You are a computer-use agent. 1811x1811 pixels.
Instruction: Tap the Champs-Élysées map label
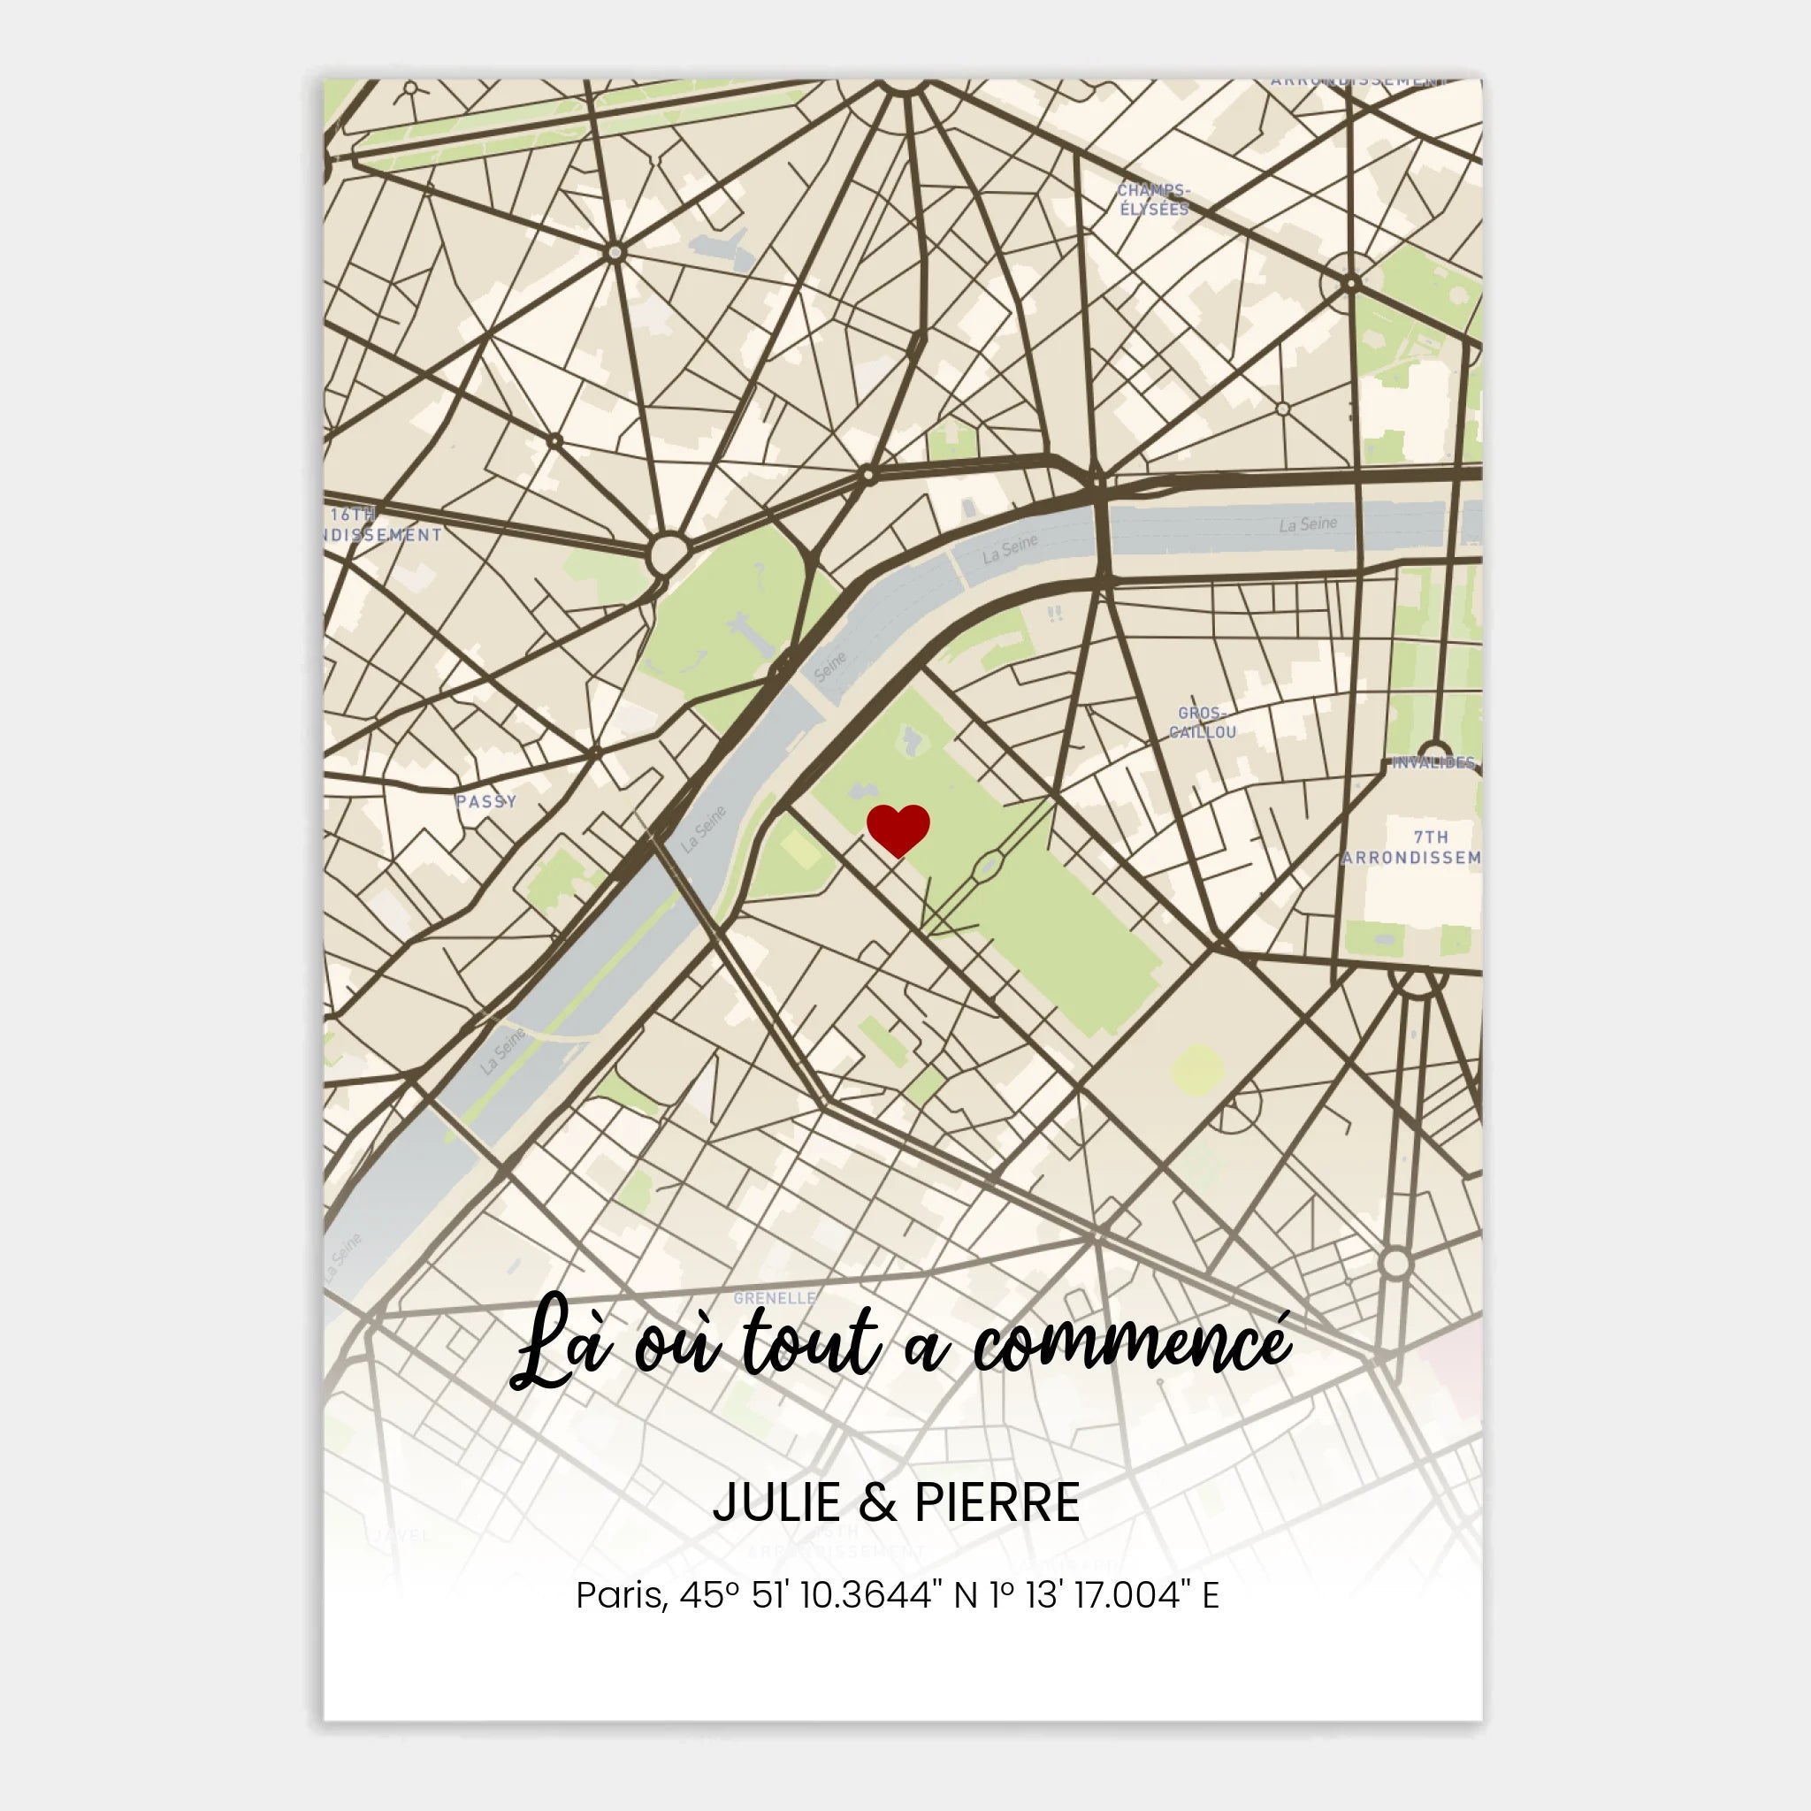point(1153,200)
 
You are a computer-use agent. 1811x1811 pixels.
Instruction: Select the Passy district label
point(485,801)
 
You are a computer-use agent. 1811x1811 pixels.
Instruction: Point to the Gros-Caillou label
point(1203,722)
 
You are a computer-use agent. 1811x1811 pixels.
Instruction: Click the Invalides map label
point(1433,762)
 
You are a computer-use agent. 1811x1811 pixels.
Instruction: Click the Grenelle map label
point(775,1298)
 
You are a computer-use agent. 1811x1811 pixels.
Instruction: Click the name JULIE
point(777,1502)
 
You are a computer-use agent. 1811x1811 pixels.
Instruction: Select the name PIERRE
point(997,1502)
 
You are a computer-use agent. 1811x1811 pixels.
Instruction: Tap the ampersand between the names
point(877,1502)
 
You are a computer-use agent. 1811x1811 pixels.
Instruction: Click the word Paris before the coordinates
point(622,1595)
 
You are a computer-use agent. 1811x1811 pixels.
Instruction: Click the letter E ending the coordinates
point(1211,1595)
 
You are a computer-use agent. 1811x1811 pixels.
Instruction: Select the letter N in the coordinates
point(966,1595)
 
